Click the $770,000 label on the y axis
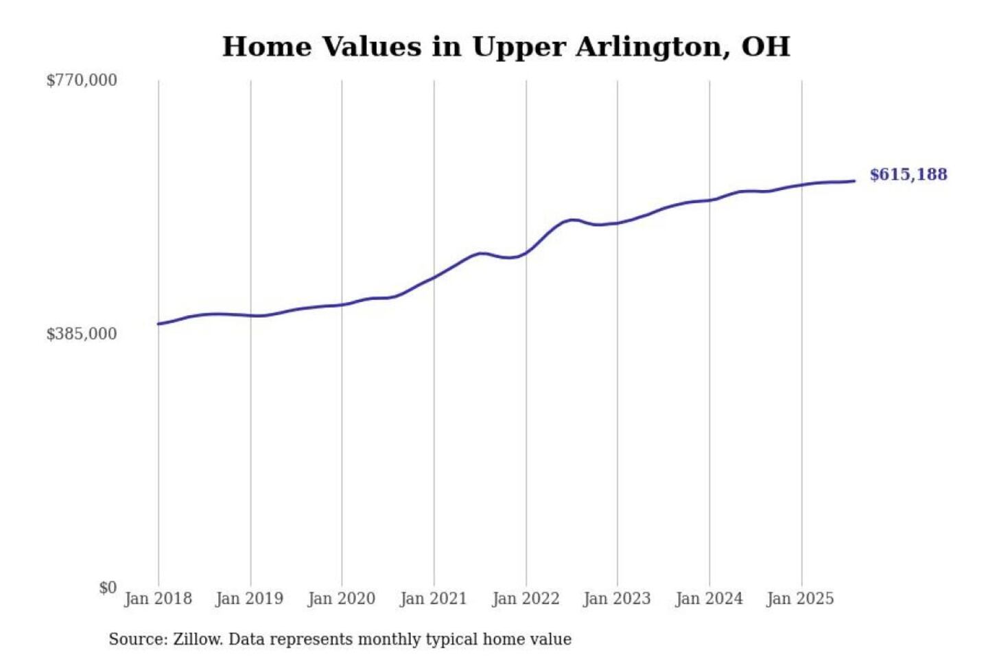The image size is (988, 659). point(82,80)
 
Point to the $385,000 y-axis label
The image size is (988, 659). point(82,334)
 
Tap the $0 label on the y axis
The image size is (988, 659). point(108,588)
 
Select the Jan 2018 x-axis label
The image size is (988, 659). point(158,599)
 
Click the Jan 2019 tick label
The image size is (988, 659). point(249,599)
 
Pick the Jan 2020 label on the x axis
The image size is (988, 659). point(341,599)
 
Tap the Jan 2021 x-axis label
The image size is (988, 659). point(433,599)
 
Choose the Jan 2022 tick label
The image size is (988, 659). point(526,599)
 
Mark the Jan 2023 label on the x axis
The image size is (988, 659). point(617,599)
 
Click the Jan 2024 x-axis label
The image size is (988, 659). point(709,599)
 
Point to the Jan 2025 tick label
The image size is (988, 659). point(800,599)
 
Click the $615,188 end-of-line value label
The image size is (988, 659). point(908,174)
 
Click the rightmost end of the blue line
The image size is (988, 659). point(854,181)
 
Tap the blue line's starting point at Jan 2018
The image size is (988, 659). point(158,324)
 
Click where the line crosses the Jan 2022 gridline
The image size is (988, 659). point(526,253)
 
